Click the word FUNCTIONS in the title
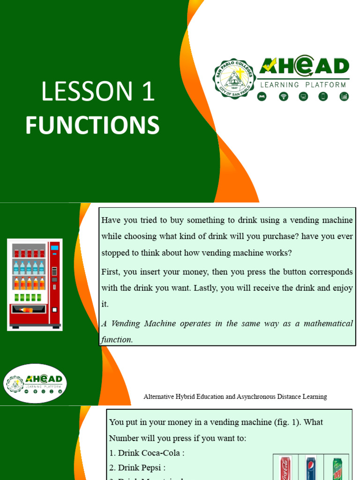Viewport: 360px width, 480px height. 92,126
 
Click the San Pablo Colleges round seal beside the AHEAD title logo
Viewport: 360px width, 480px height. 234,79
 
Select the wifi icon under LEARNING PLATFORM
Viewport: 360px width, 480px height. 283,97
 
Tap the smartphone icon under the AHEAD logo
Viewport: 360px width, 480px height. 323,97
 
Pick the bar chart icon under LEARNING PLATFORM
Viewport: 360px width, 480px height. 344,97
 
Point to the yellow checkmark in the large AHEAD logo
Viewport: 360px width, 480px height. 270,67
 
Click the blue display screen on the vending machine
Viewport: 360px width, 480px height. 54,247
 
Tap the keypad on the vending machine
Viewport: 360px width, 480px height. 54,271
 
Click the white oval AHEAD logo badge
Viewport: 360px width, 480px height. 35,383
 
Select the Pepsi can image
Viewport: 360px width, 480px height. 311,468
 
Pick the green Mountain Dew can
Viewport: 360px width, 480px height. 337,468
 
